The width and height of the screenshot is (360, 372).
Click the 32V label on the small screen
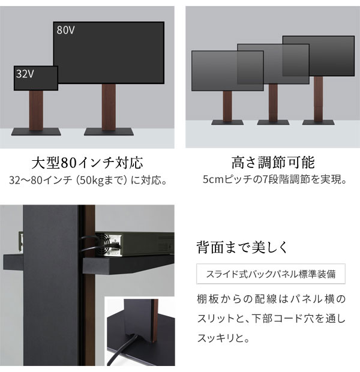click(24, 74)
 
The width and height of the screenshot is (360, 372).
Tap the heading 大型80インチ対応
click(87, 163)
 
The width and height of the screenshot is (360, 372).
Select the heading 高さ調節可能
click(272, 163)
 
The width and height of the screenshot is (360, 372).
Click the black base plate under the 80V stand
click(109, 131)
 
